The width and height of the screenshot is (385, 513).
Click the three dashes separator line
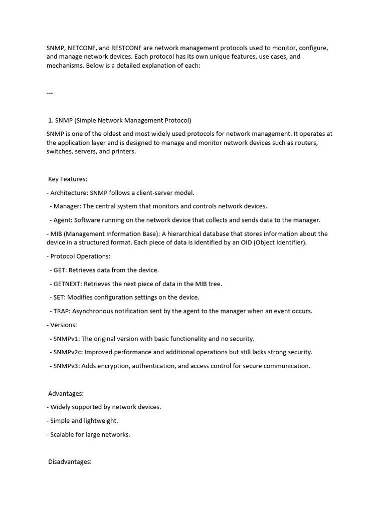pyautogui.click(x=50, y=93)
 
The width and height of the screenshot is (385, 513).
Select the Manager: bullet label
pyautogui.click(x=67, y=206)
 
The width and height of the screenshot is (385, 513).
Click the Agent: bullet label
pyautogui.click(x=64, y=220)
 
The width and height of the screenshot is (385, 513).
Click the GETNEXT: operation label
pyautogui.click(x=68, y=284)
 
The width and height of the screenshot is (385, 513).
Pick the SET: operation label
pyautogui.click(x=60, y=298)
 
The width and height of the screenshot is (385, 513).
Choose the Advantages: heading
pyautogui.click(x=66, y=393)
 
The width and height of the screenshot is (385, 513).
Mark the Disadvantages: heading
pyautogui.click(x=70, y=462)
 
